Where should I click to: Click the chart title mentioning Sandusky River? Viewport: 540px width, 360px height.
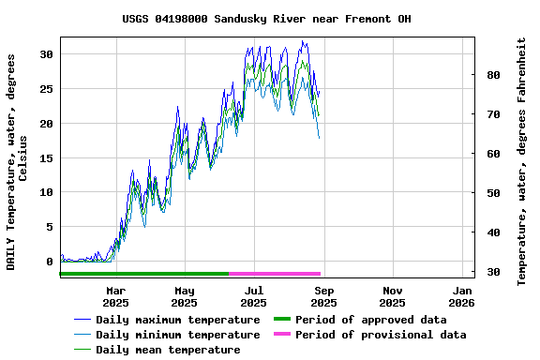pos(266,19)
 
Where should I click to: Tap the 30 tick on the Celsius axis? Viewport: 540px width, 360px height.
pos(46,54)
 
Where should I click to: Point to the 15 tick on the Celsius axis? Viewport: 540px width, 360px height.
pos(46,157)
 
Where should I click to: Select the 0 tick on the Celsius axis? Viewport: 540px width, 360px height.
pos(50,262)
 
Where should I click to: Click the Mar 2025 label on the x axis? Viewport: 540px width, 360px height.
pos(115,296)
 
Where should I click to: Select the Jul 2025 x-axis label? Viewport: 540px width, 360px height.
pos(253,296)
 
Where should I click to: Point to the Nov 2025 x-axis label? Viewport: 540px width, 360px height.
pos(392,296)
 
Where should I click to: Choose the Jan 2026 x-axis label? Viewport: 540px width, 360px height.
pos(461,296)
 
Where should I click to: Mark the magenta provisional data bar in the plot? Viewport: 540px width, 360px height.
pos(275,274)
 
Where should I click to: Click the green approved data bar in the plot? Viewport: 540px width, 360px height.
pos(144,274)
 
